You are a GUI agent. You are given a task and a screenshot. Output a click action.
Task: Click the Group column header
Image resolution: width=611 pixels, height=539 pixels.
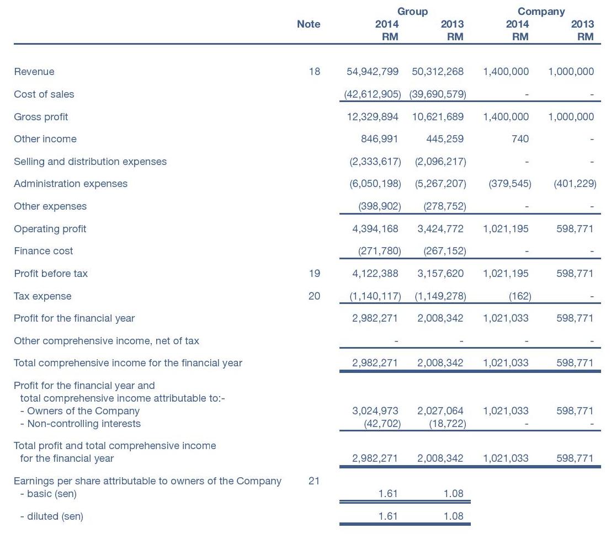tap(412, 12)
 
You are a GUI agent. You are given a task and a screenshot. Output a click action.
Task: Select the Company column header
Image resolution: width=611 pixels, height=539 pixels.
tap(541, 12)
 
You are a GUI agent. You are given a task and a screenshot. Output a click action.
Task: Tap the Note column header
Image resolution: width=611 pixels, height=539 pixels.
tap(309, 24)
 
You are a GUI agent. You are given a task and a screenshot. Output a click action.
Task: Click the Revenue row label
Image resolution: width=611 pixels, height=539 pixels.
tap(34, 72)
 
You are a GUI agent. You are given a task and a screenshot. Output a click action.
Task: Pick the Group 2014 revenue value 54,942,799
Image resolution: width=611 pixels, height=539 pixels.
tap(373, 72)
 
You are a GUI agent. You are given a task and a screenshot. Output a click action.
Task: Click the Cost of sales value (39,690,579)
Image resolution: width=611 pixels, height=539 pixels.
tap(438, 94)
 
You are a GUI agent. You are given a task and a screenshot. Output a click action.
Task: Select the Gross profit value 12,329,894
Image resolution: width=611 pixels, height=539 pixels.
tap(373, 117)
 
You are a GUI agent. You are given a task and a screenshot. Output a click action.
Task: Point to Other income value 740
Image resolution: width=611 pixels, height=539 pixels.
tap(520, 139)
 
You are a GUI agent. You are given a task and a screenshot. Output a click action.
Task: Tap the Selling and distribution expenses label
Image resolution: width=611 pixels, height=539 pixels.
tap(91, 162)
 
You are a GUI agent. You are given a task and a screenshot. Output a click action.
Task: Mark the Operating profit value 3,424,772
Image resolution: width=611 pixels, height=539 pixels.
tap(440, 228)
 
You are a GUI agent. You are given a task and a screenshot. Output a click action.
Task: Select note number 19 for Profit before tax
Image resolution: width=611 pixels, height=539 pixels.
tap(315, 274)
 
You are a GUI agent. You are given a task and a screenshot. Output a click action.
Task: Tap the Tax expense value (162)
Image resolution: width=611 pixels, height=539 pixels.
tap(520, 296)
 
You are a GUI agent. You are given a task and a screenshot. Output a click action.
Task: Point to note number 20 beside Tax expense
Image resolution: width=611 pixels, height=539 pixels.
tap(315, 296)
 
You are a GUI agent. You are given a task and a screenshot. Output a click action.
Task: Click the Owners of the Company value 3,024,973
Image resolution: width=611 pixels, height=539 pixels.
tap(375, 411)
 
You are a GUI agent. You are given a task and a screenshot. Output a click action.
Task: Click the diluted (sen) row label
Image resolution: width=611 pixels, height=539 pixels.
tap(52, 516)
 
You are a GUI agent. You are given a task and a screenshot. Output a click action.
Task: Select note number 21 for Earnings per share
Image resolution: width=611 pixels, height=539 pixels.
tap(314, 481)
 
